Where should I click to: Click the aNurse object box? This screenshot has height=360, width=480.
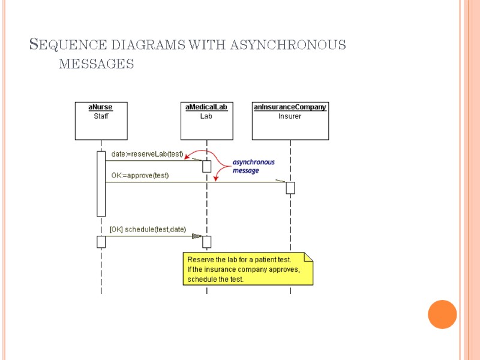[101, 121]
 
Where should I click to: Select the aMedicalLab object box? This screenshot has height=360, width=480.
[206, 121]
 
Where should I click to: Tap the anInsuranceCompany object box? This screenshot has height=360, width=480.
[290, 121]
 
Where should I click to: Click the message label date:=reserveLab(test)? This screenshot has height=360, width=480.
[147, 155]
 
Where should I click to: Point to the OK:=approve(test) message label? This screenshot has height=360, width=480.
[140, 176]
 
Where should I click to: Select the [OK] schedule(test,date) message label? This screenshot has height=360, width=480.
[148, 229]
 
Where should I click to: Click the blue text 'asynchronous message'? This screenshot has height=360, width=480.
[253, 166]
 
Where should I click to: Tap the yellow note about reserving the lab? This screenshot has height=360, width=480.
[247, 269]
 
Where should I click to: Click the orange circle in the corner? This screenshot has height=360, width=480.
[442, 314]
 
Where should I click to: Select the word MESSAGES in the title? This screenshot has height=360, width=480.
[96, 63]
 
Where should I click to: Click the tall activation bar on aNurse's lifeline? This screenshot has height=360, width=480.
[101, 184]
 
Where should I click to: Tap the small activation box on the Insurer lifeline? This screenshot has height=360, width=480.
[290, 188]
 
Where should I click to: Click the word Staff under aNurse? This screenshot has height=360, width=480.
[101, 116]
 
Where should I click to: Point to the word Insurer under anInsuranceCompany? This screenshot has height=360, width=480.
[290, 116]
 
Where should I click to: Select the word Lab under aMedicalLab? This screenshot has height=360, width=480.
[206, 116]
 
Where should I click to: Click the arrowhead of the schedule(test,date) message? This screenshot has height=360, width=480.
[196, 236]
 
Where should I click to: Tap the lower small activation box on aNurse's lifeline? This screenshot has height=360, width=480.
[101, 241]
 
